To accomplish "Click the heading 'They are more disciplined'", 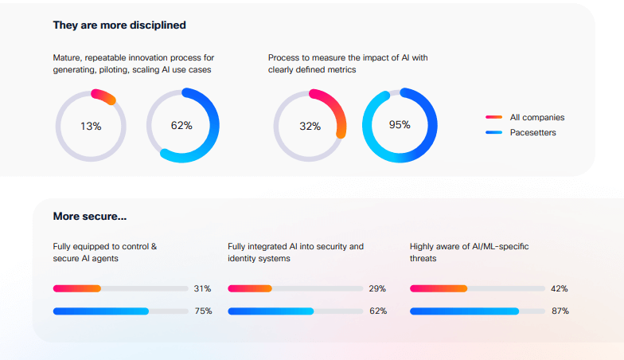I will [119, 25].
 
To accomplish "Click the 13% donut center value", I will [91, 126].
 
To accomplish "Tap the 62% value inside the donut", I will [182, 126].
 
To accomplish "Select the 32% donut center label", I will [310, 126].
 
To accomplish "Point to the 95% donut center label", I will [400, 125].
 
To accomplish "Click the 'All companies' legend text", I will [536, 117].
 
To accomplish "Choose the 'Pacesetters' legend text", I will [532, 132].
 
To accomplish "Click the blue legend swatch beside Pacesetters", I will [493, 132].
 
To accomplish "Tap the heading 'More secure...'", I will [90, 216].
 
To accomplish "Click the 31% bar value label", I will [203, 288].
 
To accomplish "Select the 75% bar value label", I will [203, 311].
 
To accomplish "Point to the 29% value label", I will [377, 288].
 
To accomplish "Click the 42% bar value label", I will [559, 288].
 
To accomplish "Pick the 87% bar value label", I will [559, 311].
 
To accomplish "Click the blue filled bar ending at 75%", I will [101, 311].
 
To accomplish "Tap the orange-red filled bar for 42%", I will [439, 288].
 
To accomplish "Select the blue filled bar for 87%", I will [464, 311].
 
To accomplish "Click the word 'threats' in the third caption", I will [424, 258].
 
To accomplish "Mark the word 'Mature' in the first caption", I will [67, 57].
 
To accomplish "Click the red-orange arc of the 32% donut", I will [336, 108].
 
